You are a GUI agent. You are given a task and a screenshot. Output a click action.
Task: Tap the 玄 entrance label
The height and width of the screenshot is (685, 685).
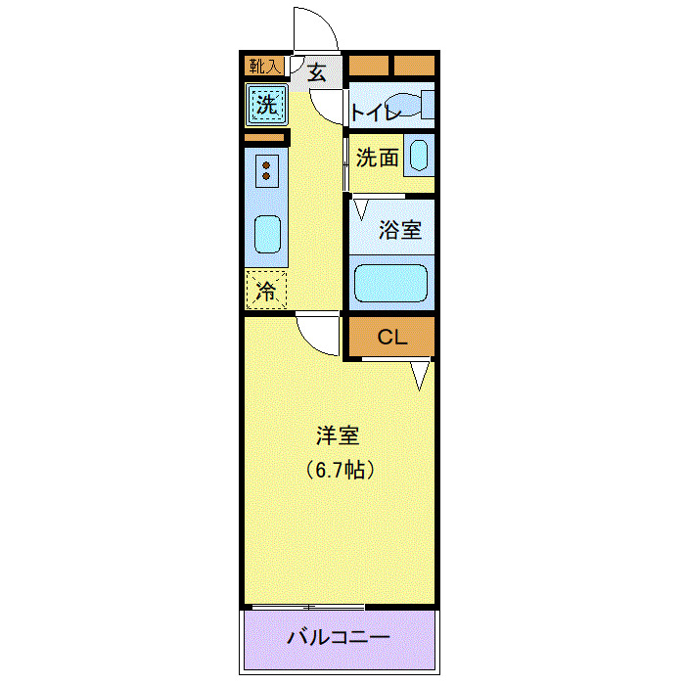[318, 70]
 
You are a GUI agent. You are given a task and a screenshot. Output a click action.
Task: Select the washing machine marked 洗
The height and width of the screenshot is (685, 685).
[266, 104]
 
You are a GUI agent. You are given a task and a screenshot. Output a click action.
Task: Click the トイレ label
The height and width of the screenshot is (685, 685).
[377, 114]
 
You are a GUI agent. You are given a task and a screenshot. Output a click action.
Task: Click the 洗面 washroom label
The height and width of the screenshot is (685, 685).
[377, 157]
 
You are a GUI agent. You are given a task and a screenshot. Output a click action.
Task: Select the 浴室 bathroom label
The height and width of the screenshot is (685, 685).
[400, 231]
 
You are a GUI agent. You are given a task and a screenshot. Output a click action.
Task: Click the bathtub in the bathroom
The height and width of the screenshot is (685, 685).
[391, 284]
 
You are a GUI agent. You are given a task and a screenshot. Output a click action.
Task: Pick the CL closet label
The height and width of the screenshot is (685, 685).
[391, 338]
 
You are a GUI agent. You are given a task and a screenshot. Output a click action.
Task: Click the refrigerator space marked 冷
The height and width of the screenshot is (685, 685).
[265, 290]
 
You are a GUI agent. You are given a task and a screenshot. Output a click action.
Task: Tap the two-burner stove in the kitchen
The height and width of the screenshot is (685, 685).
[266, 171]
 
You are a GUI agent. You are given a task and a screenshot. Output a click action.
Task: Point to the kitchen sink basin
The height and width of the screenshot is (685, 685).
[266, 234]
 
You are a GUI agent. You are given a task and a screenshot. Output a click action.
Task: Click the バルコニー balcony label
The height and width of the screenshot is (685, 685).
[339, 637]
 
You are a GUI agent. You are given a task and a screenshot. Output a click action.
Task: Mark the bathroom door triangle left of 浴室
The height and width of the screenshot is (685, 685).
[361, 207]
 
